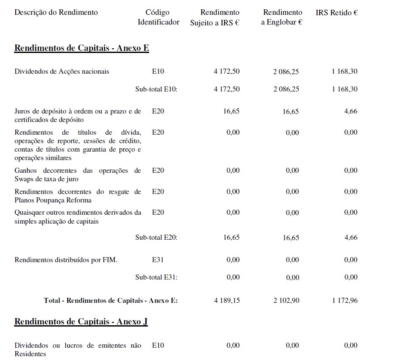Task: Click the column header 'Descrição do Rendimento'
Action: pos(56,12)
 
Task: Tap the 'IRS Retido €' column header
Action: pos(336,13)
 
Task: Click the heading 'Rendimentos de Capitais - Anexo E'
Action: pos(82,48)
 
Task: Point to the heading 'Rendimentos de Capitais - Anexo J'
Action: pos(81,321)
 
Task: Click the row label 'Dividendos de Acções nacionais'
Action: pos(62,72)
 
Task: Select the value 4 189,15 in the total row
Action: pos(227,300)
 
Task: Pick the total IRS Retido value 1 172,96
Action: pos(345,300)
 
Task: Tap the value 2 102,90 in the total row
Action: pos(286,300)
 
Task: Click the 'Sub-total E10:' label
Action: pos(156,89)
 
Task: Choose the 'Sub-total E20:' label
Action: pos(156,238)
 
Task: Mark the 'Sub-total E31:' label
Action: pos(156,277)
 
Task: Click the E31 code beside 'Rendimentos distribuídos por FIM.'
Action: pos(158,260)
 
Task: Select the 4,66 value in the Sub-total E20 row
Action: pos(351,238)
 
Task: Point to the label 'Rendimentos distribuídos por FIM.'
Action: pos(66,260)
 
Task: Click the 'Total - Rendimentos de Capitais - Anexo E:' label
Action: pos(111,300)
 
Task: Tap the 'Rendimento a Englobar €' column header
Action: pos(282,17)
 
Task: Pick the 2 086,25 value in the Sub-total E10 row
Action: pos(286,89)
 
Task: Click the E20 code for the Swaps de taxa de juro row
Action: pos(158,171)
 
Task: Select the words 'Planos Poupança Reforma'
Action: pos(53,200)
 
